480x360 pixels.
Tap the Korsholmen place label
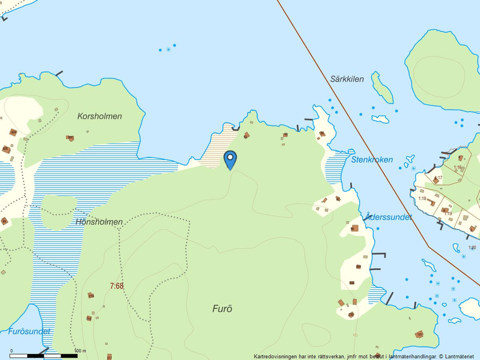pos(99,116)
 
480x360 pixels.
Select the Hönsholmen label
pos(99,222)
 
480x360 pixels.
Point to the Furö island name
pos(222,309)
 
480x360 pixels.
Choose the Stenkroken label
pos(372,159)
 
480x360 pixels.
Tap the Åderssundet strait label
pos(388,217)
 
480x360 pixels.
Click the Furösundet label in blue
pos(29,331)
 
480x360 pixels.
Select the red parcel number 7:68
pos(116,286)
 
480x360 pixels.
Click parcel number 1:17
pos(438,178)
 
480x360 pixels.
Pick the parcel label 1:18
pos(422,198)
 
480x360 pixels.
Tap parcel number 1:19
pos(448,213)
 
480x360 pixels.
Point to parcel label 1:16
pos(458,167)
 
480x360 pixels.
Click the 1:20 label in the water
pos(472,248)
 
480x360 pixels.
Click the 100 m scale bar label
pos(81,351)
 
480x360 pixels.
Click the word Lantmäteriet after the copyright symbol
pos(460,356)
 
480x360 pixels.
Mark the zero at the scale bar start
pos(12,351)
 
